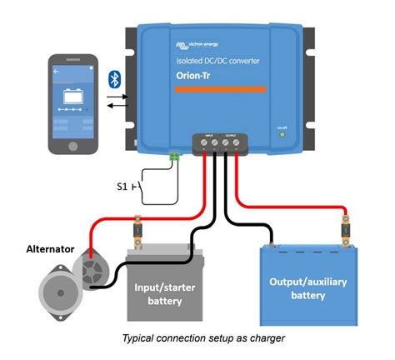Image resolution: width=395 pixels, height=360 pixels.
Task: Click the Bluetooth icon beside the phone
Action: [116, 80]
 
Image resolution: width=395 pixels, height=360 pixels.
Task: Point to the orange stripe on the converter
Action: [220, 88]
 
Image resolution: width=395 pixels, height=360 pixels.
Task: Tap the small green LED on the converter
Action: [282, 134]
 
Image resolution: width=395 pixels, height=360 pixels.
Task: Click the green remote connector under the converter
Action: [176, 155]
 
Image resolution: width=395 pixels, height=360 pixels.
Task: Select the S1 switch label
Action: [122, 186]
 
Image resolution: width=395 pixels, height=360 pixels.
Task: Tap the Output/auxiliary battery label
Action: [307, 287]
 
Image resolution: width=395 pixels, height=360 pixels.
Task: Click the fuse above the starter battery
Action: [137, 227]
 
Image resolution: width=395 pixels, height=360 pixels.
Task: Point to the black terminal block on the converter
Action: [220, 142]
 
